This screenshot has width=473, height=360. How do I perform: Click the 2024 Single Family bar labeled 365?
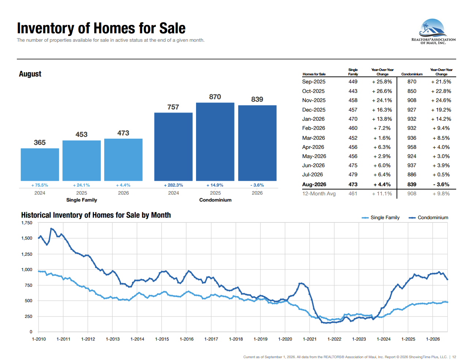click(x=40, y=164)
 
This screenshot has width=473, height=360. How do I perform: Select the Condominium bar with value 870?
click(x=215, y=142)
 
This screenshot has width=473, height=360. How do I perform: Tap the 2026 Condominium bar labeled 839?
click(x=257, y=143)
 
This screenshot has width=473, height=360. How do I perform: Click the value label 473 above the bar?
click(x=123, y=133)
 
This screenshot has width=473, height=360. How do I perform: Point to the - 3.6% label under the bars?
click(x=257, y=185)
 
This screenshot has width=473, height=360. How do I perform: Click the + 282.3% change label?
click(x=173, y=185)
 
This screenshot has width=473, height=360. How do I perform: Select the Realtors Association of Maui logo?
click(x=433, y=31)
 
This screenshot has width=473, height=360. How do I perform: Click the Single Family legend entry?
click(x=380, y=218)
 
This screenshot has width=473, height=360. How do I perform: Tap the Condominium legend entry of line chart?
click(x=428, y=218)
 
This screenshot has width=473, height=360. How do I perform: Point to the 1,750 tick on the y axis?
click(x=27, y=223)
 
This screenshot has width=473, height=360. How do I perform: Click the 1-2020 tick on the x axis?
click(x=285, y=339)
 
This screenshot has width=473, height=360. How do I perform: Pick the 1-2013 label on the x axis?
click(x=112, y=339)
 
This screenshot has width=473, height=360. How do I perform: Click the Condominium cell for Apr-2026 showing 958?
click(x=412, y=147)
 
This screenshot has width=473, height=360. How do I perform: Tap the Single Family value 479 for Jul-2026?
click(x=353, y=175)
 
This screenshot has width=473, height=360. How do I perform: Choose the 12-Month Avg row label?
click(x=319, y=194)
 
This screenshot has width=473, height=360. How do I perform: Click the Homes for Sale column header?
click(x=314, y=74)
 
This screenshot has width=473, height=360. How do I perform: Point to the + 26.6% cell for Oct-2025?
click(x=382, y=91)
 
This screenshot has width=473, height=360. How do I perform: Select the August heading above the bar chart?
click(x=30, y=74)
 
